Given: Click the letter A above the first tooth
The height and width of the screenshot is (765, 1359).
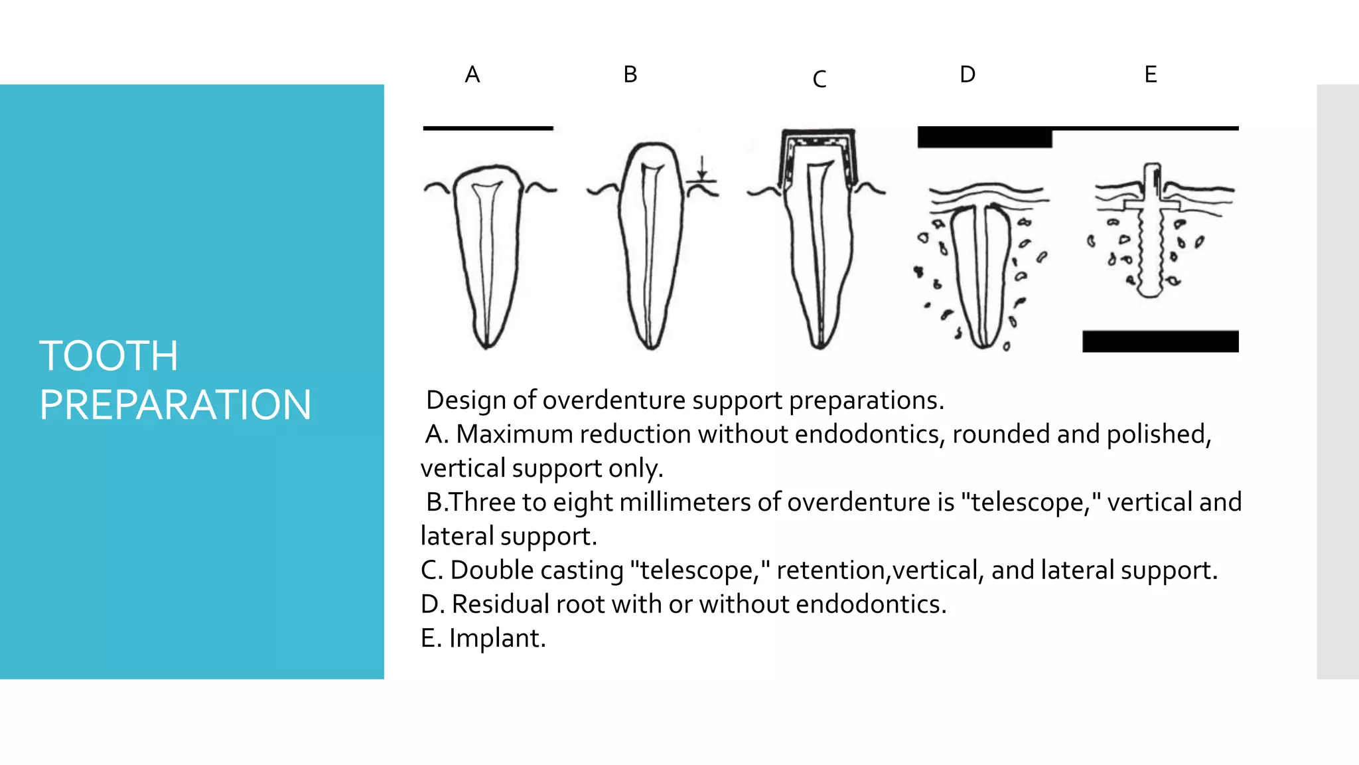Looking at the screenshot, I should coord(472,74).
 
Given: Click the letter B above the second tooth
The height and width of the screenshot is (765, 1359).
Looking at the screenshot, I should coord(630,74).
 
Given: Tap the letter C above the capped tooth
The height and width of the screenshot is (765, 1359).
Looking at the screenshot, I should coord(819,80).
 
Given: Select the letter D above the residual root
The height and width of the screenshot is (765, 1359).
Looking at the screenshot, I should coord(967,74).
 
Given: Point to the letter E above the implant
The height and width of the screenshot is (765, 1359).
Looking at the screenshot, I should coord(1150,74).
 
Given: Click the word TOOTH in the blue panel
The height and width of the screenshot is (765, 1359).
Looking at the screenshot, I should coord(109,356).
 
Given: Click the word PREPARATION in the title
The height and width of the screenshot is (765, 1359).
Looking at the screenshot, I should coord(175,405).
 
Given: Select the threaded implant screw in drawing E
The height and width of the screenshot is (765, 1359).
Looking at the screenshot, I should coord(1151,246).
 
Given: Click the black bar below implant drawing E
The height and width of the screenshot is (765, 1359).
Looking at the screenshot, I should coord(1160,341).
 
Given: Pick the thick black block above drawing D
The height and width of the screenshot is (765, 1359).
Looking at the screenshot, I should coord(984,137).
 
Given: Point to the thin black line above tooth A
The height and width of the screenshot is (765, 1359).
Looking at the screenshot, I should coord(488,128).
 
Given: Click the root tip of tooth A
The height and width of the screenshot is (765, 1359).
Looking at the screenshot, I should coord(486,344).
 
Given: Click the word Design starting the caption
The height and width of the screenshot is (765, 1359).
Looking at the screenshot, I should coord(466,400).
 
